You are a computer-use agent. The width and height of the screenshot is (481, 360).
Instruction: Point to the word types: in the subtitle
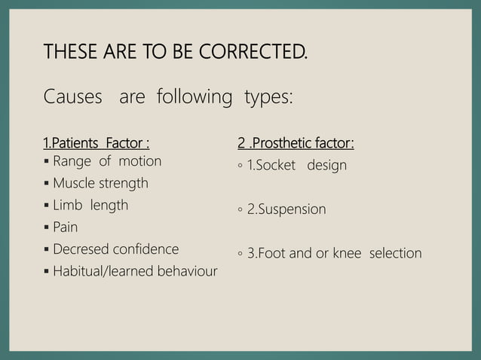[268, 97]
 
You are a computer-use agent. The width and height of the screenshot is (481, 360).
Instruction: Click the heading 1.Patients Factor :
[95, 143]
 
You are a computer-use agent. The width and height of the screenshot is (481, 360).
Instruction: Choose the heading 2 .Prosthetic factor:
[296, 143]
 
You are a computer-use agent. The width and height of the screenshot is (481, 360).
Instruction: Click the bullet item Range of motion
[107, 161]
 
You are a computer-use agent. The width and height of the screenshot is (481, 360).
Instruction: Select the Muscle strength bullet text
[100, 183]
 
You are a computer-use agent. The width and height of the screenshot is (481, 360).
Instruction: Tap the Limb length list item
[90, 205]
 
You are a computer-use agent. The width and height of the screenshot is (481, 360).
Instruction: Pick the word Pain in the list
[66, 227]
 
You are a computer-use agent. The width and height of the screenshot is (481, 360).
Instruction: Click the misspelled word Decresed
[81, 249]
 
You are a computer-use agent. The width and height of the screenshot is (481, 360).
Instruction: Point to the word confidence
[146, 249]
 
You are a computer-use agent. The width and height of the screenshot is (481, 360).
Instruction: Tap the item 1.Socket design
[297, 165]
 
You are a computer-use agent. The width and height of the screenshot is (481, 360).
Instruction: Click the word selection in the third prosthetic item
[395, 253]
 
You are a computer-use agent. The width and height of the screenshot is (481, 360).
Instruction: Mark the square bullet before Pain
[47, 227]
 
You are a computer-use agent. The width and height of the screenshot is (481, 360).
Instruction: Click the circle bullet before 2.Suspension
[240, 210]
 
